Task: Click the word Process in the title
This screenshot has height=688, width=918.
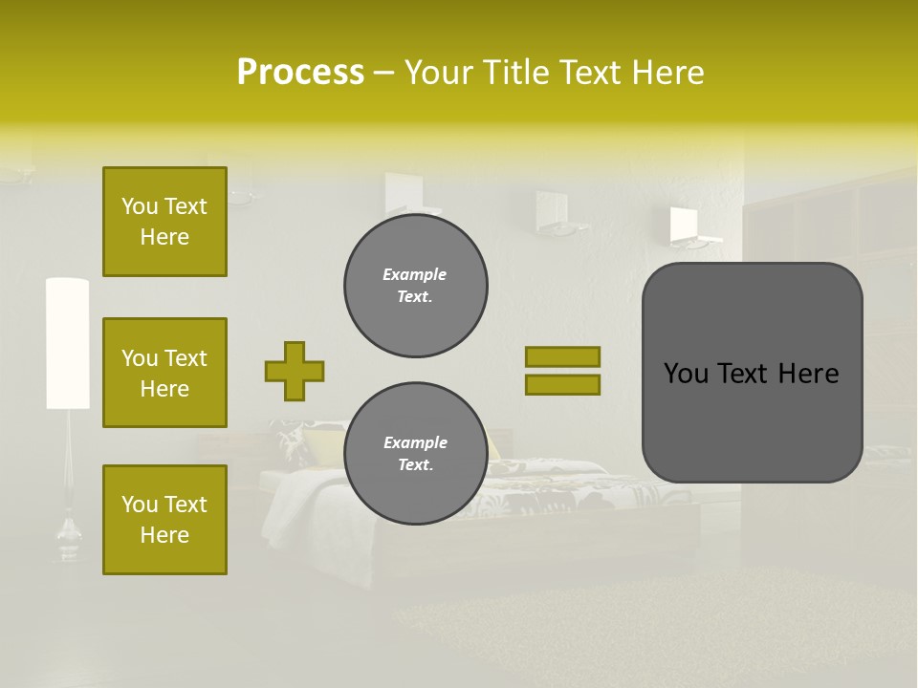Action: tap(300, 73)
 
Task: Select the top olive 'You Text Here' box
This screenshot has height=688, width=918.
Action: tap(164, 222)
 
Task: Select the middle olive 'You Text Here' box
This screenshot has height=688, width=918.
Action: tap(164, 373)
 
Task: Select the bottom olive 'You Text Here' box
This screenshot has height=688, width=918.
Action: tap(164, 520)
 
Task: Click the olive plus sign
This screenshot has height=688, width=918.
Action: tap(295, 371)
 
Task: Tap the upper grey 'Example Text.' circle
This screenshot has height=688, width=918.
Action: tap(416, 286)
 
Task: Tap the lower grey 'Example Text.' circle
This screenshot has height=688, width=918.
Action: tap(416, 454)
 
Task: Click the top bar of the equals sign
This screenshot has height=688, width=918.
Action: tap(563, 356)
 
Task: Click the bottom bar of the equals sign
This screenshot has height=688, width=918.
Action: tap(563, 384)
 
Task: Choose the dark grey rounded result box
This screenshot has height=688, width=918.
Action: tap(752, 373)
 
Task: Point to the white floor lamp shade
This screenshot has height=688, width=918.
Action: tap(67, 342)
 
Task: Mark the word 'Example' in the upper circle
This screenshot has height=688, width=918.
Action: tap(415, 274)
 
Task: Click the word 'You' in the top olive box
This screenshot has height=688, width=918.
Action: tap(139, 206)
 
